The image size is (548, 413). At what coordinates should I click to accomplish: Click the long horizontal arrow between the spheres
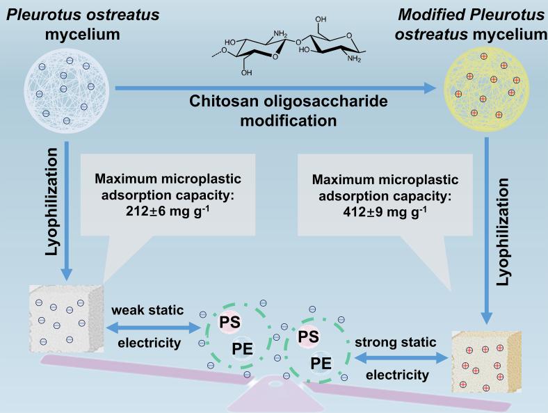(278, 88)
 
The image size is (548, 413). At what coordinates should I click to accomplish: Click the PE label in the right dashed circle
(321, 362)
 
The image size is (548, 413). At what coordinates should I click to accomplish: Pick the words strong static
(396, 342)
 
